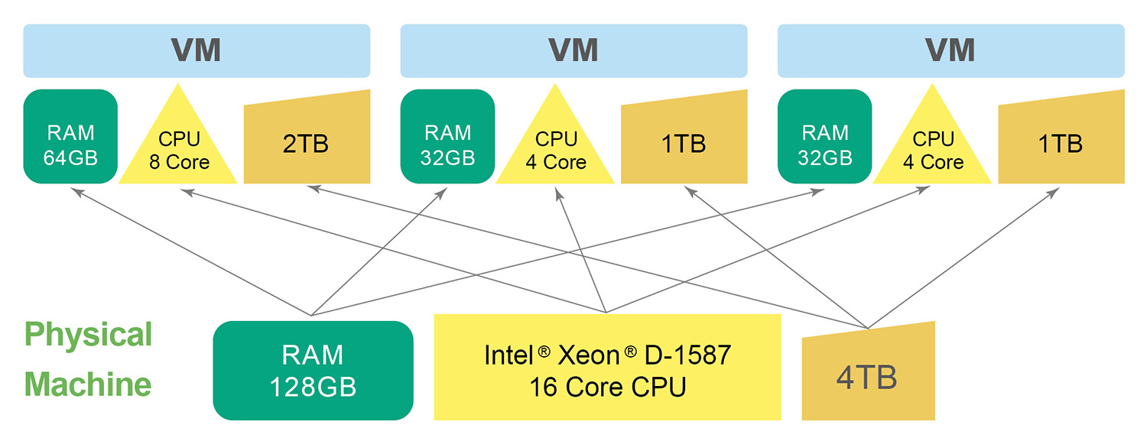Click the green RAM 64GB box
click(x=70, y=137)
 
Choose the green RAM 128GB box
click(x=313, y=370)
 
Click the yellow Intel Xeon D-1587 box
click(x=607, y=367)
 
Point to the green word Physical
click(x=89, y=335)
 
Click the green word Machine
click(x=87, y=384)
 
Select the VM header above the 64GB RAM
click(x=197, y=50)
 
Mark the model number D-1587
click(x=687, y=355)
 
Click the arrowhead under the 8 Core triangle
click(x=184, y=191)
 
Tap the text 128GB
click(x=313, y=387)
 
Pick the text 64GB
click(x=70, y=157)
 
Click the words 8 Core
click(x=179, y=162)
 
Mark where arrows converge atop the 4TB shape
click(x=868, y=328)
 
